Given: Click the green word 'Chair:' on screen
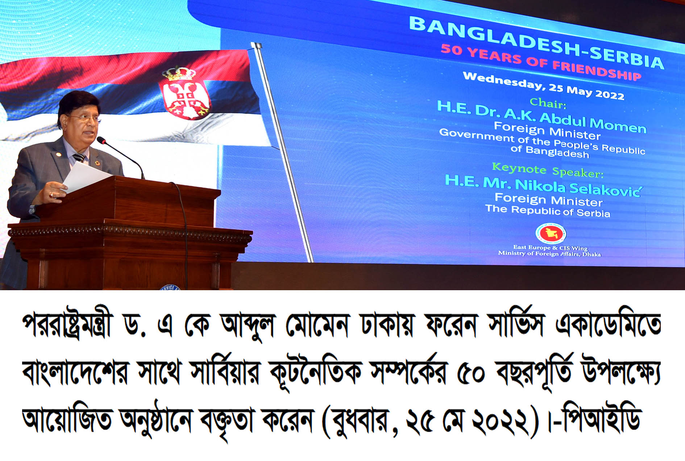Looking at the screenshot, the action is coord(548,103).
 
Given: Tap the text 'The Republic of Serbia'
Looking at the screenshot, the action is coord(548,211).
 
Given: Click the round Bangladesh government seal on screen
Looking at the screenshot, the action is coord(551,233).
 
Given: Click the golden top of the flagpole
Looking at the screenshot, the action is coord(256,46).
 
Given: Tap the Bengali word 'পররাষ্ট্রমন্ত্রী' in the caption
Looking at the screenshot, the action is coord(68,325).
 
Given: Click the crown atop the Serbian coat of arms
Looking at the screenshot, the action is coord(179,74).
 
